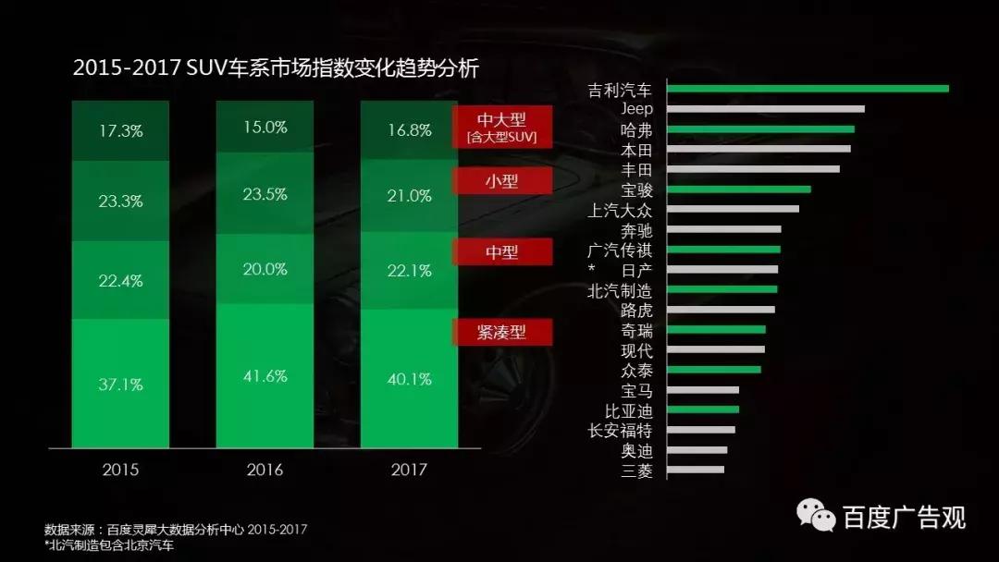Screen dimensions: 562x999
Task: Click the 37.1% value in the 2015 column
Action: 120,385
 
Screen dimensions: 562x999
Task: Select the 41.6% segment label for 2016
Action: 265,376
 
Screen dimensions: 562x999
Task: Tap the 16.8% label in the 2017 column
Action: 409,130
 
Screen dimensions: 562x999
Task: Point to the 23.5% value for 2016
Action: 265,194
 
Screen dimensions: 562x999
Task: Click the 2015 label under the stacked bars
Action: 120,470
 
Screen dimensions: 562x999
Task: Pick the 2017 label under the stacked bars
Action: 409,470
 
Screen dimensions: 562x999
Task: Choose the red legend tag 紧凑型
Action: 501,333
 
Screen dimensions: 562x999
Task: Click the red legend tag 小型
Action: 501,181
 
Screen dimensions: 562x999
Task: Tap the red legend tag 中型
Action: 501,251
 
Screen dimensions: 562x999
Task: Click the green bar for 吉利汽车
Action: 808,89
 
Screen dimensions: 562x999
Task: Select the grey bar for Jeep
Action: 766,109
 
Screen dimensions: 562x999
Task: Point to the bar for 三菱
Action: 696,470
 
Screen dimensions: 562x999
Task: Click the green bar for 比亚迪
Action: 703,409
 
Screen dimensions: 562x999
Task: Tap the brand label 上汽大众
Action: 620,210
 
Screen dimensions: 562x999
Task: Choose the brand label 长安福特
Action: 620,431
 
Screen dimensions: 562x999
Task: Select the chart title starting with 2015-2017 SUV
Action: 276,68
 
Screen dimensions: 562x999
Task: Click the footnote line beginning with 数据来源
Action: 175,530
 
